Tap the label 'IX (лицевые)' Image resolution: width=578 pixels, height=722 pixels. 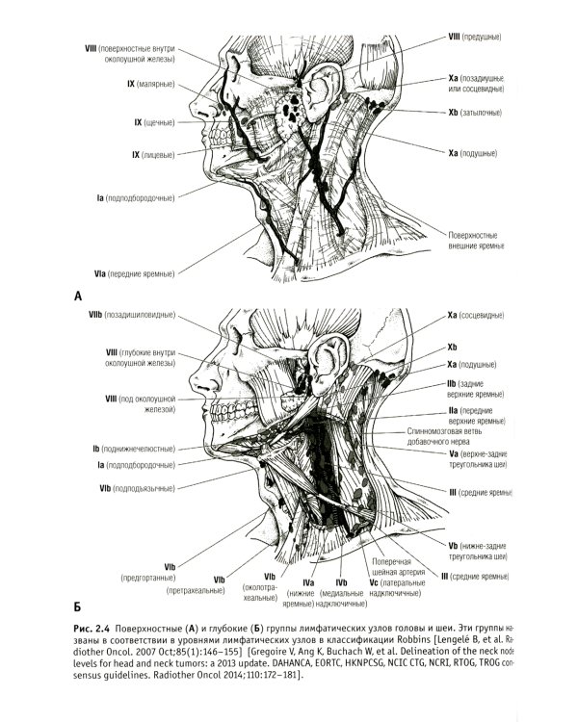point(150,154)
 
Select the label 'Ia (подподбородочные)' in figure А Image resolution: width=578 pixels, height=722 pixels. point(135,198)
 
